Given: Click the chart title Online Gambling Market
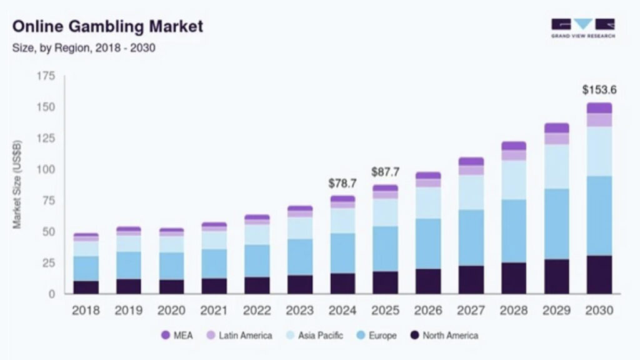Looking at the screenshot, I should [107, 27].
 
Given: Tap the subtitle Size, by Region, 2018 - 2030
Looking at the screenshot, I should [84, 48].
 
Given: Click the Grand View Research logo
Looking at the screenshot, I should [582, 28].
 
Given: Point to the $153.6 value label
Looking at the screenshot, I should [599, 90].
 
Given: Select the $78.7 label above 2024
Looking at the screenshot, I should [342, 184].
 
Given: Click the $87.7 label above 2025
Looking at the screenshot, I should [385, 172].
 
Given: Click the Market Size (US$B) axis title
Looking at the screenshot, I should [17, 185].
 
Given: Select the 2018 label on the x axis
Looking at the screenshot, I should [86, 310].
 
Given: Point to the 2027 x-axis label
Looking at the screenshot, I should [471, 310].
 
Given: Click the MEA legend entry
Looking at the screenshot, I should [177, 336].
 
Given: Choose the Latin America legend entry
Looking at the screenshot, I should [239, 336].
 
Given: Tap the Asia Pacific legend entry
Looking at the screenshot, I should [314, 336].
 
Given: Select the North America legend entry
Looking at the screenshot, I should [444, 336].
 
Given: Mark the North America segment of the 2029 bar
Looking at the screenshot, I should [556, 276].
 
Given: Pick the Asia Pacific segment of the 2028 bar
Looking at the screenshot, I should [513, 180].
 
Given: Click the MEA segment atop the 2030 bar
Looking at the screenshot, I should [599, 107].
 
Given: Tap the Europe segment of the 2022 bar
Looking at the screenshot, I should [257, 261].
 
